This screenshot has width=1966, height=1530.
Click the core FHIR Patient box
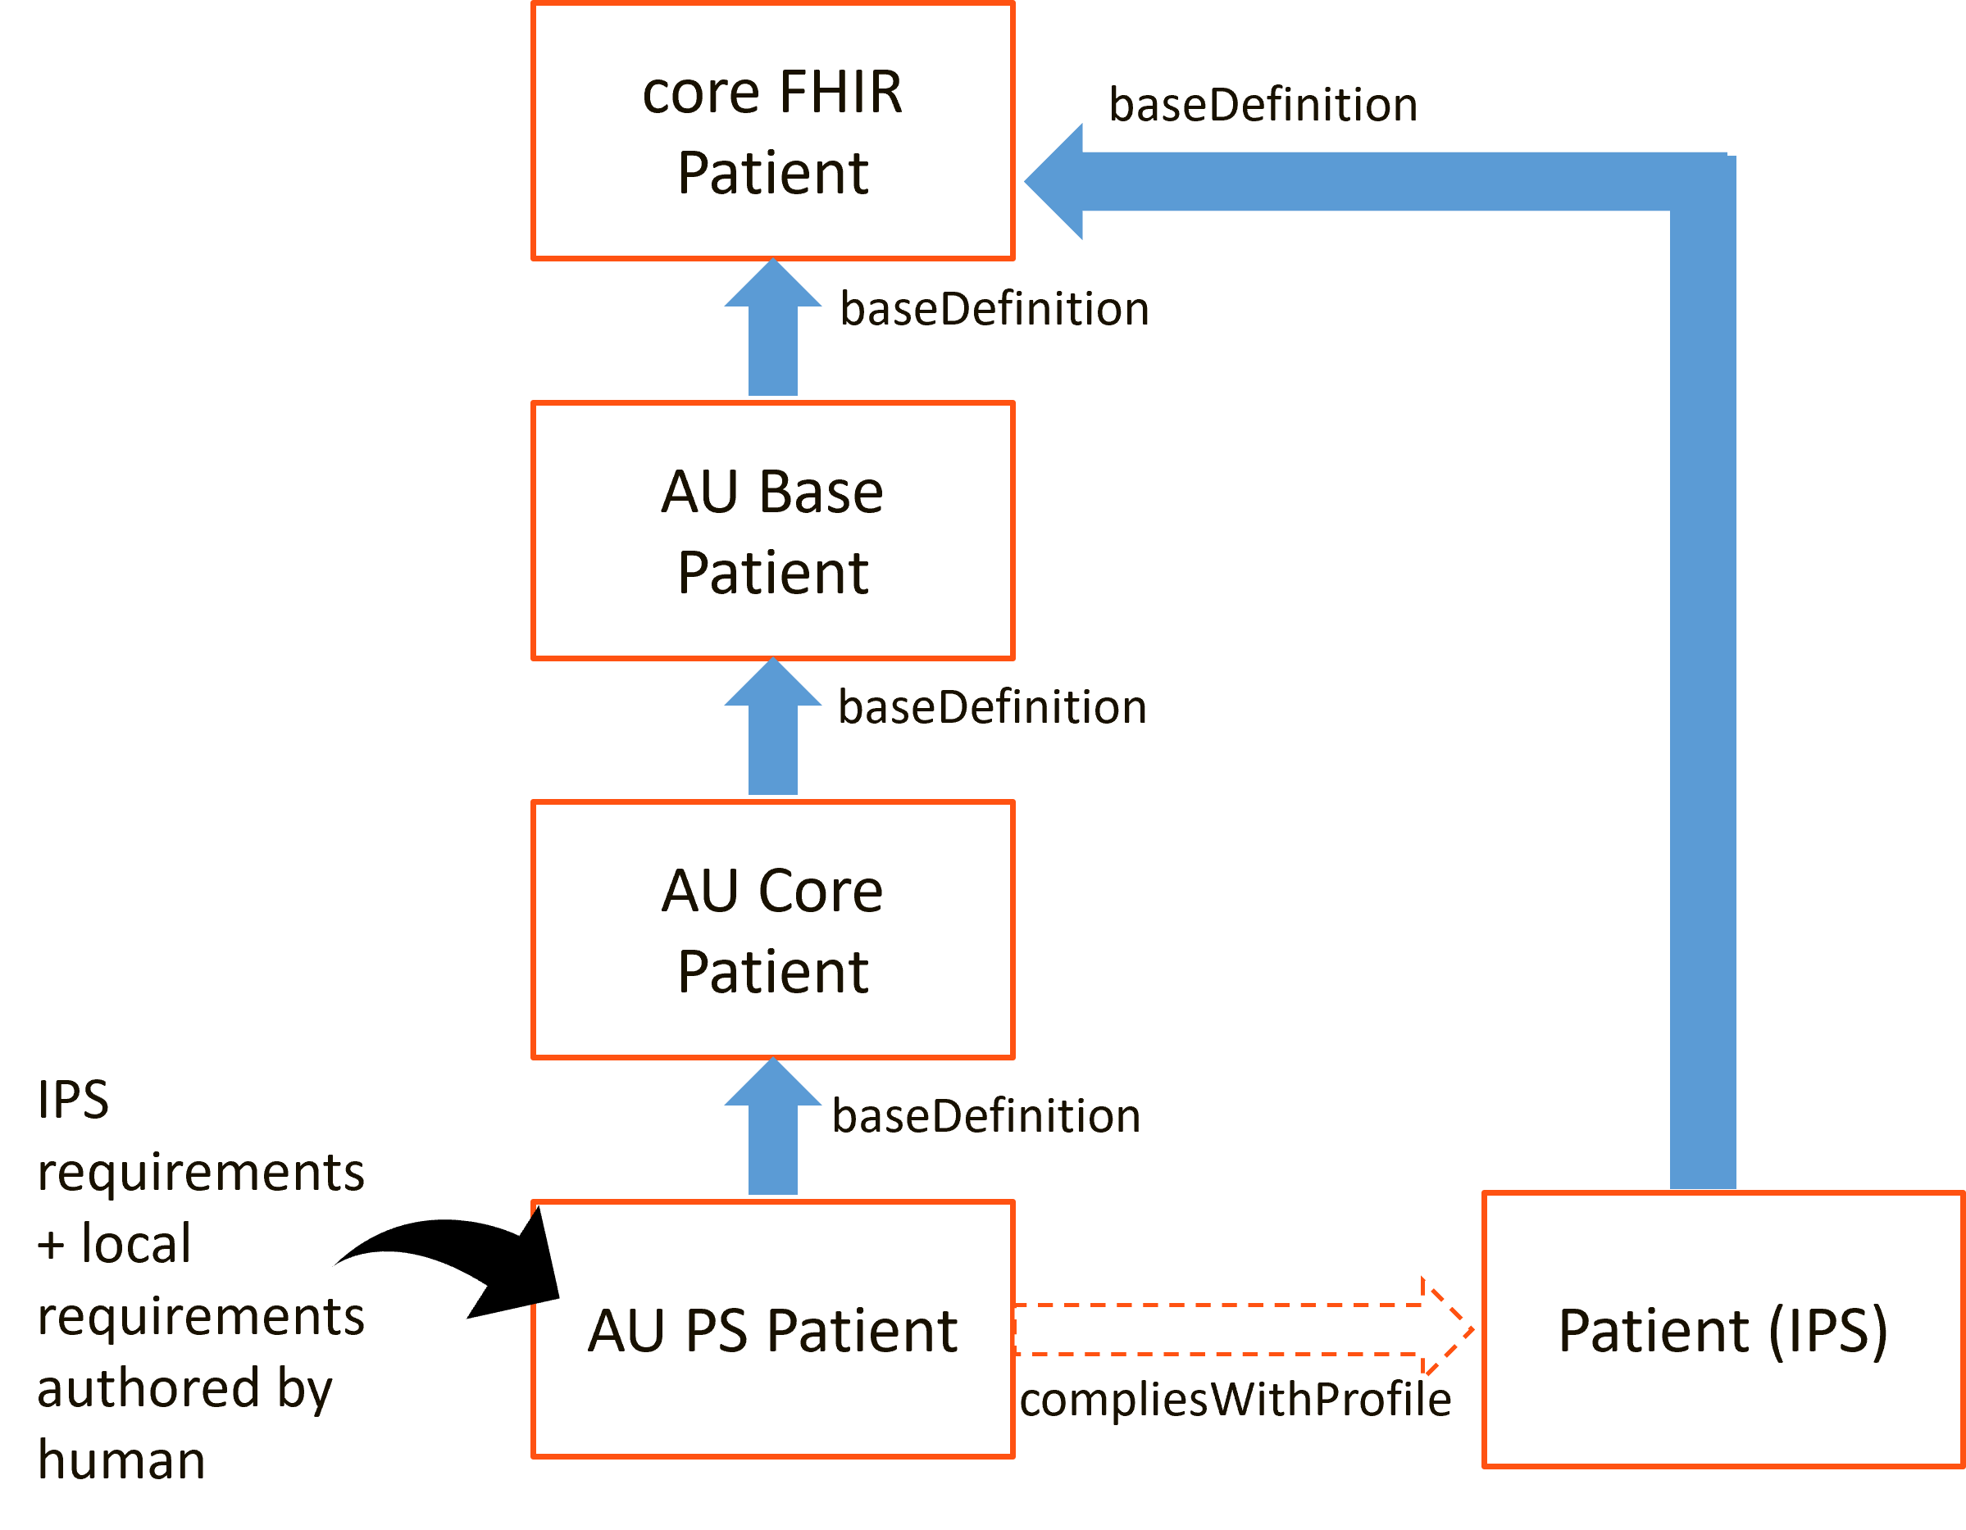772,131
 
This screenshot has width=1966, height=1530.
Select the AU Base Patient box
772,531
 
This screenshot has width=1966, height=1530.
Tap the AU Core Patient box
772,929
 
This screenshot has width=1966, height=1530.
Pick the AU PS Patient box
772,1329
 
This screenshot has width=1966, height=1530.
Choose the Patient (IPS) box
1723,1329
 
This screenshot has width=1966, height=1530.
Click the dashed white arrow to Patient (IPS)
1233,1329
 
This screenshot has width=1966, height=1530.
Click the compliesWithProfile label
1235,1400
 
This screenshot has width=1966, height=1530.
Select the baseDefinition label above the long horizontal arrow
1263,105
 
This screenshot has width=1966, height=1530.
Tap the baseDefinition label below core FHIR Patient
994,309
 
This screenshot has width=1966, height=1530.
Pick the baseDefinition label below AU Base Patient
992,707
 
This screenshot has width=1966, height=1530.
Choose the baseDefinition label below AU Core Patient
986,1116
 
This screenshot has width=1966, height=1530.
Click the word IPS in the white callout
73,1100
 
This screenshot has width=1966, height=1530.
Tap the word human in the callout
121,1460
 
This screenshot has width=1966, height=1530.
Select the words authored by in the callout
184,1387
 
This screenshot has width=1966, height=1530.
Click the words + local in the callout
113,1244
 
